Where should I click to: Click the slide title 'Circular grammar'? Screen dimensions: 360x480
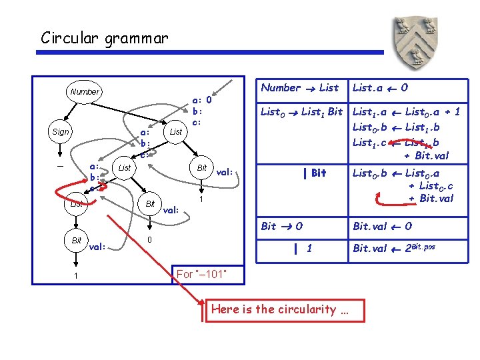105,37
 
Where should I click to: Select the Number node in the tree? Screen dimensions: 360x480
84,92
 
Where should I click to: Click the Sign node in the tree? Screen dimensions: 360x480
60,131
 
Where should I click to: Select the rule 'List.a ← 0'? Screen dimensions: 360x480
381,87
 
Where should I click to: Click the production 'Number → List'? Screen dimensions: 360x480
300,87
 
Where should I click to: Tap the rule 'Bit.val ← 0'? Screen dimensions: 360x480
382,226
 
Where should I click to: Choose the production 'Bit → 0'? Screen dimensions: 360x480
281,226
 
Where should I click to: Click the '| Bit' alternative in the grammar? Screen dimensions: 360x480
314,173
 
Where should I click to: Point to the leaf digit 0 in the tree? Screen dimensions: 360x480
150,240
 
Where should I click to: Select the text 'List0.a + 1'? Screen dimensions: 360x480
433,113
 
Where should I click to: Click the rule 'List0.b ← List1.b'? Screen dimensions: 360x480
395,127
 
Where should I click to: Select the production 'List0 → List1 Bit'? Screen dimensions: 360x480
302,113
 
